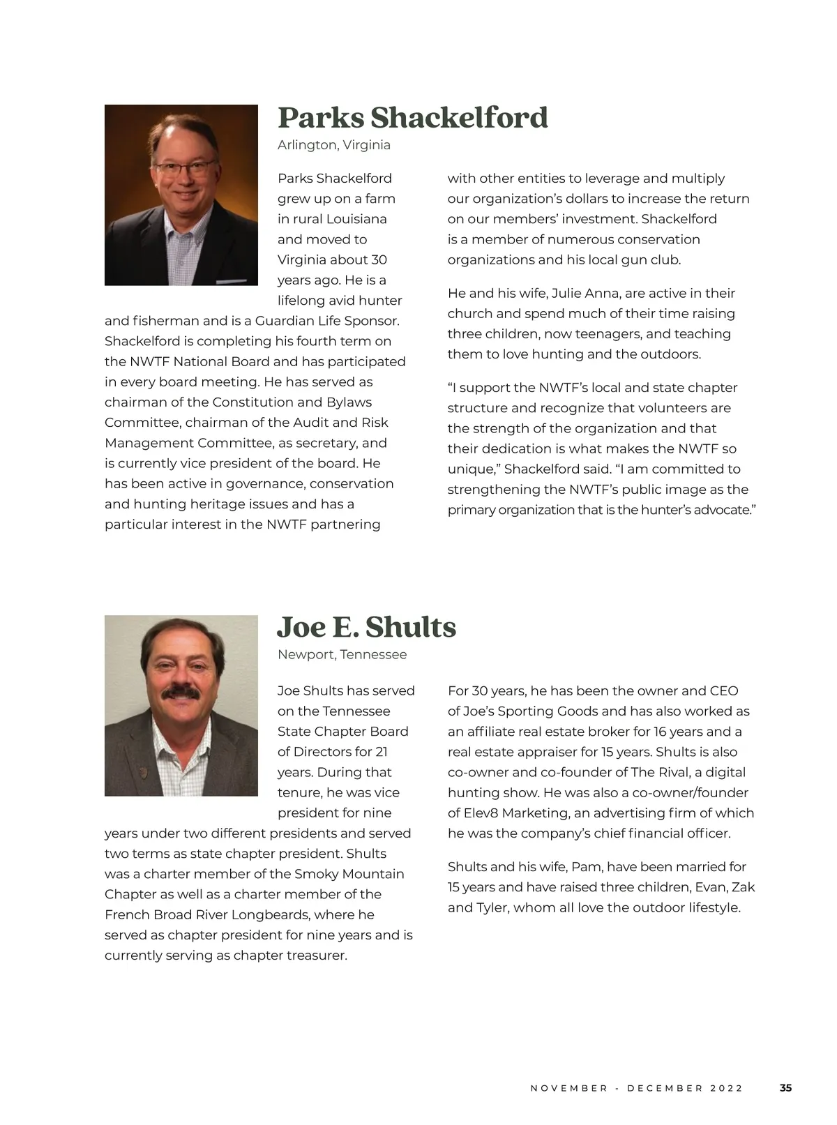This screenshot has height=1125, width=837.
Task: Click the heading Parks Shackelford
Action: pos(412,118)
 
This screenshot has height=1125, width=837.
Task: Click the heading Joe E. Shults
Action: pos(366,627)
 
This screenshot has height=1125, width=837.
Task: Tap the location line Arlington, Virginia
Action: pos(333,145)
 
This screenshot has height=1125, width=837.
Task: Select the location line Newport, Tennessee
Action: pos(342,654)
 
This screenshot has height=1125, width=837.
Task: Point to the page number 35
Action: pos(785,1087)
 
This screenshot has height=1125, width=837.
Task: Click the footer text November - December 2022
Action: pos(636,1088)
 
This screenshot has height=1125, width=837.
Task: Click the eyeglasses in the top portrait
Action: pos(186,167)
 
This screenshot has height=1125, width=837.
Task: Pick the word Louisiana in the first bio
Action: pos(356,219)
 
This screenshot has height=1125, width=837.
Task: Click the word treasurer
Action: pos(317,956)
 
